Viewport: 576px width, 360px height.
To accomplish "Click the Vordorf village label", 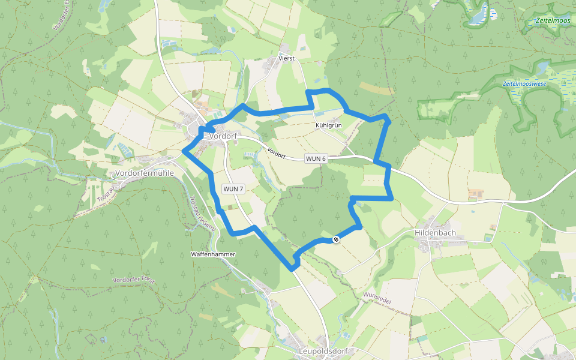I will [x=223, y=136].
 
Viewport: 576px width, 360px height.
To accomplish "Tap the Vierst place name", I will [x=287, y=58].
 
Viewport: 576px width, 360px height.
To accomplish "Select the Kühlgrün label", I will [x=328, y=125].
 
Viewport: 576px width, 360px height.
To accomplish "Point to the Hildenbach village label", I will [x=435, y=232].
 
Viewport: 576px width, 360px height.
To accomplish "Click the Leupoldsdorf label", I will [x=323, y=351].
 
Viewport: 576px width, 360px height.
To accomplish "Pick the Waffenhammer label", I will [x=213, y=254].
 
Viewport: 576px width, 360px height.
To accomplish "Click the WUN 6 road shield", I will [x=316, y=158].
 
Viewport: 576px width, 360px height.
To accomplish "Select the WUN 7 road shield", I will [x=233, y=188].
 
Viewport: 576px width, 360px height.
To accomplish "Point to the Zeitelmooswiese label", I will [x=524, y=83].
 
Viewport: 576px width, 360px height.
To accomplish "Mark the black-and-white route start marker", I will [x=336, y=239].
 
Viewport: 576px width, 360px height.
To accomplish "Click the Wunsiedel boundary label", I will [x=377, y=298].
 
